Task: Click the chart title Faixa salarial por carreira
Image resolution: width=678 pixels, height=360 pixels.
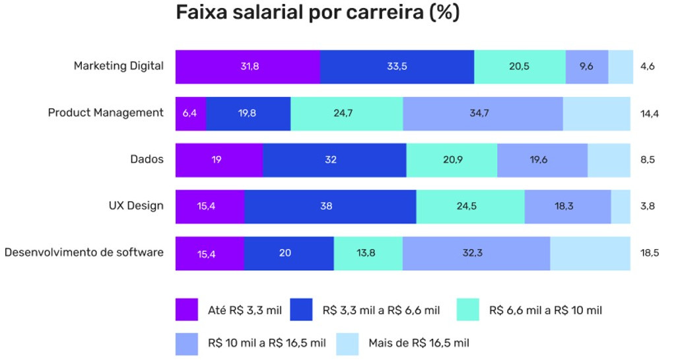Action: (318, 13)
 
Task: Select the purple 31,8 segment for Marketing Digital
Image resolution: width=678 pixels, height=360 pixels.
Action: (248, 66)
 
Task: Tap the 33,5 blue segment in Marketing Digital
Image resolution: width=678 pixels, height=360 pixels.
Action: (397, 66)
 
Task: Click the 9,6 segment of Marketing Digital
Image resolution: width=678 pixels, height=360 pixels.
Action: (586, 66)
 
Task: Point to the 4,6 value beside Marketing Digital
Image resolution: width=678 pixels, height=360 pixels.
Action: (647, 66)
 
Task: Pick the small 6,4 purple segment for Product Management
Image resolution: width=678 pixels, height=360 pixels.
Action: (190, 113)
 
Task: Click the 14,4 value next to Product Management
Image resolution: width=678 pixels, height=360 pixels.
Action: (649, 113)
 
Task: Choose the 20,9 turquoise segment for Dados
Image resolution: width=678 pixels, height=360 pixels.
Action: (452, 159)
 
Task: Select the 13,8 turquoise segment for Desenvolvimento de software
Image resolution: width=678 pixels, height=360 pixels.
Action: (368, 253)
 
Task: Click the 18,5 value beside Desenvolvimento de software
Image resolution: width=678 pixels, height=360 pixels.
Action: (649, 253)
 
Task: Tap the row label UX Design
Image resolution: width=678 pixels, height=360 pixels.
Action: (136, 205)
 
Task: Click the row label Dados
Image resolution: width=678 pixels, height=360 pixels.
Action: (147, 159)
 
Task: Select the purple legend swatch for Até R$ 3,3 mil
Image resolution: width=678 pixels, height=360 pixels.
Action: (187, 310)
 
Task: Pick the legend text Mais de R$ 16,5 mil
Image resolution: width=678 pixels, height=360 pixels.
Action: (419, 343)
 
